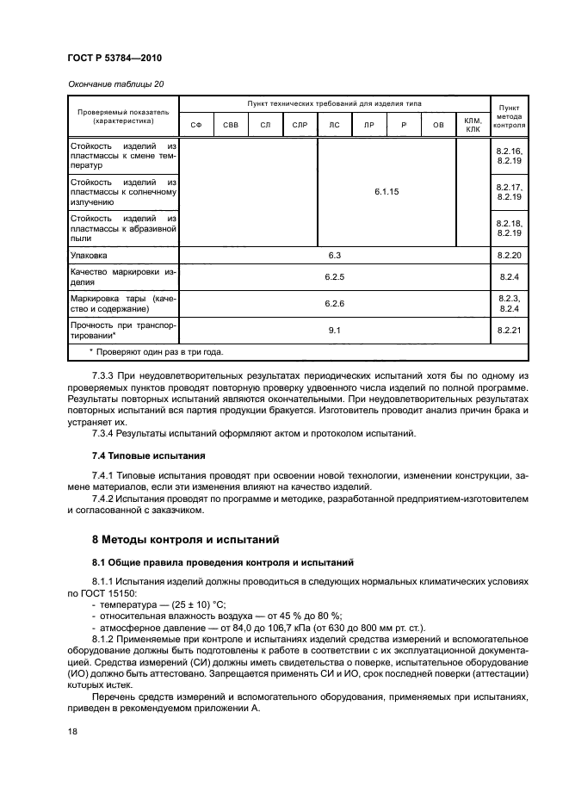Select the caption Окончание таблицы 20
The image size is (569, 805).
tap(115, 84)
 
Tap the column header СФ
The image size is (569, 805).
tap(195, 125)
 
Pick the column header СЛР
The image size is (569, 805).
tap(300, 125)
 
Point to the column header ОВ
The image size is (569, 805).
tap(438, 125)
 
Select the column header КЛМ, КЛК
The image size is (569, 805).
tap(473, 125)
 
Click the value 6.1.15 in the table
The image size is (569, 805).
tap(387, 193)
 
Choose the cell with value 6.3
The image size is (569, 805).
tap(335, 256)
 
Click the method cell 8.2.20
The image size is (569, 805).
tap(510, 256)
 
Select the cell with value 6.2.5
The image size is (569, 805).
tap(335, 277)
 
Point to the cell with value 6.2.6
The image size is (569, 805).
tap(335, 303)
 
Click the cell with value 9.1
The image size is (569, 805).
tap(335, 330)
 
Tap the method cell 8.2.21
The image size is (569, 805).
tap(510, 330)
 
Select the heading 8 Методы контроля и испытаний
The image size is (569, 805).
tap(189, 540)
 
